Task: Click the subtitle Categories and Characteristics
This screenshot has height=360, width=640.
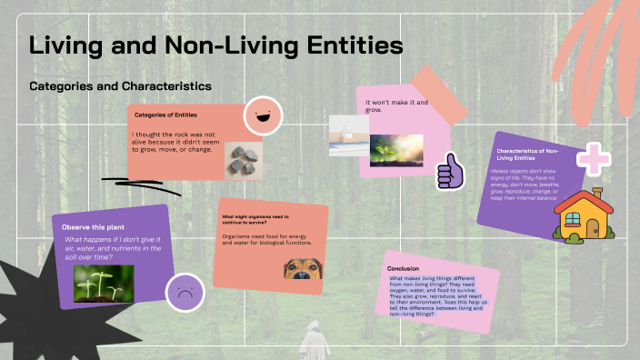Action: point(120,85)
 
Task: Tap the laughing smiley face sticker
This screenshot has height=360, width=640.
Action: point(262,116)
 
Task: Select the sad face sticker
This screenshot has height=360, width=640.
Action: point(184,293)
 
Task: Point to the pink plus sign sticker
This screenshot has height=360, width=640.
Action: point(594,158)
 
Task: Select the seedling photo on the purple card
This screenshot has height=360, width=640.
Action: point(104,283)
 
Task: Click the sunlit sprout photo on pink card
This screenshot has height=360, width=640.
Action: point(395,149)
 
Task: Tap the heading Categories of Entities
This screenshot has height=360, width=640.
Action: point(167,115)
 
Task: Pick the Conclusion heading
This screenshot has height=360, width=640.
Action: point(403,268)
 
